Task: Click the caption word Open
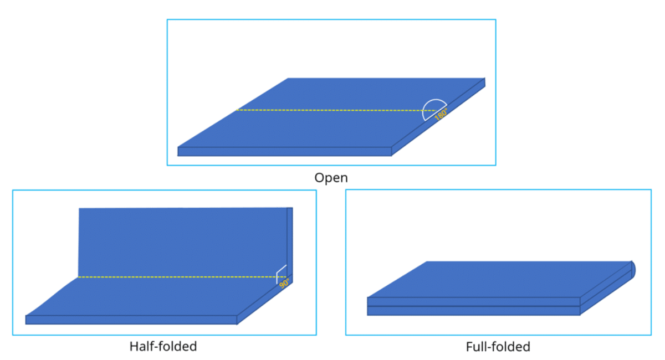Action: tap(331, 178)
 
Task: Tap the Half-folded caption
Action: tap(163, 347)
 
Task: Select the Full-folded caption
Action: tap(498, 347)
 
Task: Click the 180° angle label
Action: tap(441, 115)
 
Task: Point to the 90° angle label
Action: tap(284, 284)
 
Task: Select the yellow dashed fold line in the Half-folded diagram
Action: tap(177, 277)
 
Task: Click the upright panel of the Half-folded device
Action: tap(183, 241)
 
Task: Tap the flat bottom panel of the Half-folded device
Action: tap(155, 296)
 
